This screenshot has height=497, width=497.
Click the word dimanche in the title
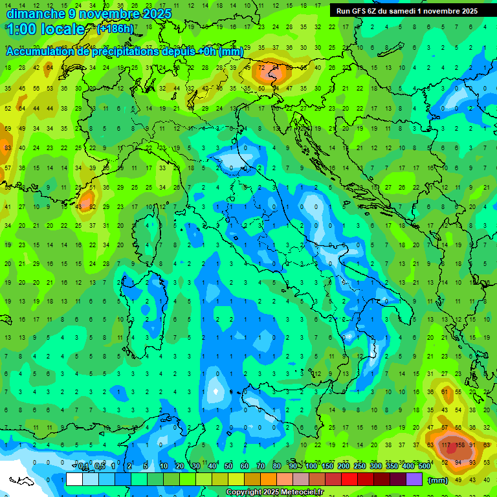[x=36, y=14]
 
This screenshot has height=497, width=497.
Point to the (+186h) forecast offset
[x=115, y=28]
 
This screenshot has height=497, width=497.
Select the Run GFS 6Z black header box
[x=406, y=11]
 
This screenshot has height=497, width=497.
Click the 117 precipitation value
[x=445, y=445]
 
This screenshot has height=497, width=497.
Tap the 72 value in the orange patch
[x=261, y=68]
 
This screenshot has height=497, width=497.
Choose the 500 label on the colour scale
[x=424, y=467]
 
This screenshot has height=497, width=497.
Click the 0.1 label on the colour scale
[x=83, y=467]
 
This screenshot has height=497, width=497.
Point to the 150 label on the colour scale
[x=327, y=467]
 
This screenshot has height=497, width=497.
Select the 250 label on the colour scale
[x=360, y=467]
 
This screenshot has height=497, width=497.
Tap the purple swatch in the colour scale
[x=414, y=480]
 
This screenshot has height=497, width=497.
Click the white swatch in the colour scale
[x=74, y=480]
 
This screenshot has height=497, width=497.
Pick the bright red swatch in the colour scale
[x=349, y=480]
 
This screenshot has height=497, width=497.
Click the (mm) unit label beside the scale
[x=438, y=480]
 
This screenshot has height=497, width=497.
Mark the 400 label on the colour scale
[x=408, y=467]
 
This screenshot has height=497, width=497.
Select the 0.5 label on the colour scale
[x=100, y=467]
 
